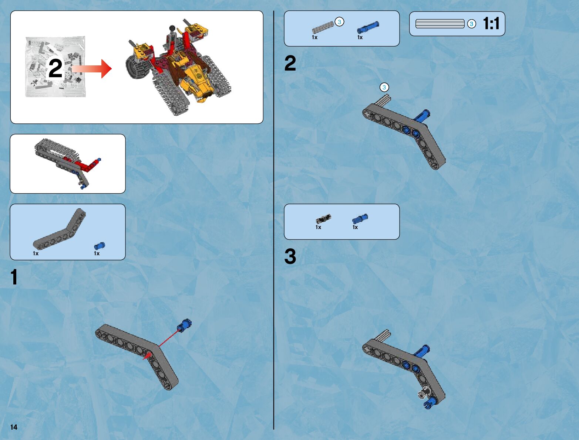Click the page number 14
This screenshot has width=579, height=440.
[x=14, y=427]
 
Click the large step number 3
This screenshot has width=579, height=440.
[x=290, y=256]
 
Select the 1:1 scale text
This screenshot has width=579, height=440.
[x=491, y=23]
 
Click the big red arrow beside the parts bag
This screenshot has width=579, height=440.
[x=91, y=69]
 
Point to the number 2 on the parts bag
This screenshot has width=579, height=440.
[x=55, y=68]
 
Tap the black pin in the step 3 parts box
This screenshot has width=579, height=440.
[x=323, y=219]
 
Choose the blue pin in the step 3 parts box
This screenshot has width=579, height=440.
[x=360, y=219]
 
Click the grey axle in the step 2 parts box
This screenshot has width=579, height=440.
[x=323, y=27]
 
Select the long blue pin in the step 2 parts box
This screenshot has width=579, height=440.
[x=368, y=27]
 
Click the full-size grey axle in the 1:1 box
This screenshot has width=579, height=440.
[x=440, y=24]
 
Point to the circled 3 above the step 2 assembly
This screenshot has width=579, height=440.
[x=384, y=87]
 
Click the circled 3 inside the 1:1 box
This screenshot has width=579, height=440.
[x=471, y=24]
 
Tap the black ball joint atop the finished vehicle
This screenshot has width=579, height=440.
[x=172, y=28]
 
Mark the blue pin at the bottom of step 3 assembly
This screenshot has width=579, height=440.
[x=430, y=403]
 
